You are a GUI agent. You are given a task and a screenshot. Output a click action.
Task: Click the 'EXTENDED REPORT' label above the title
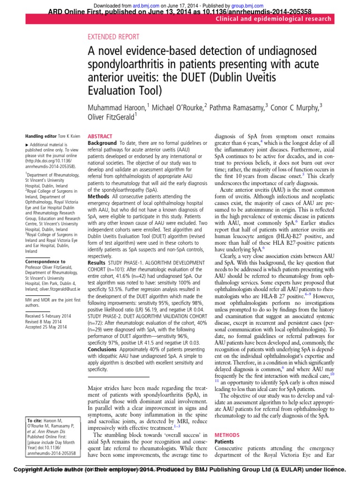pyautogui.click(x=113, y=37)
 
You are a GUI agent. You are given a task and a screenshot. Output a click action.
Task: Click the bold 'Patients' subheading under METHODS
pyautogui.click(x=224, y=442)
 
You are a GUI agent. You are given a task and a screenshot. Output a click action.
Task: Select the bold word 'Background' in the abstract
pyautogui.click(x=103, y=142)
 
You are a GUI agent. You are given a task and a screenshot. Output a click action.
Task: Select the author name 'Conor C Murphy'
pyautogui.click(x=295, y=107)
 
